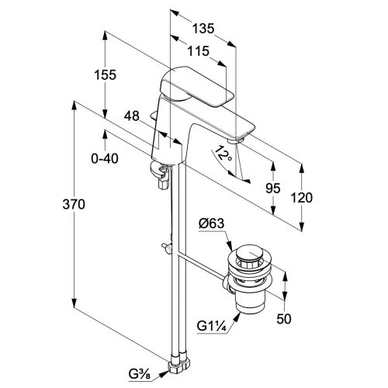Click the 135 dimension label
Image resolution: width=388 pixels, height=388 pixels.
(x=203, y=28)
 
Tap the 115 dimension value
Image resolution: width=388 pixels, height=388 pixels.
(x=198, y=51)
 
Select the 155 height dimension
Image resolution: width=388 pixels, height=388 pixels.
(x=105, y=75)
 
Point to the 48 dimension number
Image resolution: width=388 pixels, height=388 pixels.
(x=132, y=116)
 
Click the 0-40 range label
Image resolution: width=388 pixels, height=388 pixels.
(x=105, y=158)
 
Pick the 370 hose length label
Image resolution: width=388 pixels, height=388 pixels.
(x=74, y=204)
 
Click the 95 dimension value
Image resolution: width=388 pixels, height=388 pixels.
(x=273, y=188)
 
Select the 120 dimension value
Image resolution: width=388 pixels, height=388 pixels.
(x=302, y=198)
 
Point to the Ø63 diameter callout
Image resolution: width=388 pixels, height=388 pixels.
(x=211, y=223)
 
